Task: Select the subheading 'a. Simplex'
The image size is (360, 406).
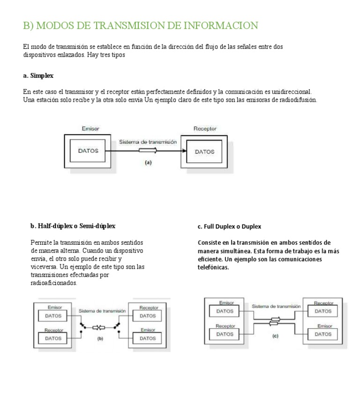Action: tap(38, 75)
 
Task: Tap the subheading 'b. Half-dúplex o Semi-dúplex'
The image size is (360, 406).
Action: tap(73, 226)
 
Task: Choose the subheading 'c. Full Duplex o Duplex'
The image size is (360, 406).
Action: tap(229, 226)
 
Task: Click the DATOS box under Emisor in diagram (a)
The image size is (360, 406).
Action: tap(88, 151)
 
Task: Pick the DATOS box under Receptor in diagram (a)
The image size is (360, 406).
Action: tap(204, 152)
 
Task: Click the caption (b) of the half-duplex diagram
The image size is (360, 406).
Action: tap(100, 338)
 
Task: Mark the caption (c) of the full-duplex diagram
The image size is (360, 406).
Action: tap(275, 336)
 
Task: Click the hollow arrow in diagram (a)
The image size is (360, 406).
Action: tap(149, 151)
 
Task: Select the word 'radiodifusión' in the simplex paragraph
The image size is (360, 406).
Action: tap(297, 100)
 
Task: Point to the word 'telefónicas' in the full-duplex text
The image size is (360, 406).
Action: tap(213, 267)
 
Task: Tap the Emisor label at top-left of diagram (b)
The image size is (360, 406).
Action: tap(54, 307)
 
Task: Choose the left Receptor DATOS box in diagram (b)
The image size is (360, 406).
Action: tap(53, 338)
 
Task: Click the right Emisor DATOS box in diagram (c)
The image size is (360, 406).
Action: tap(323, 334)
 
